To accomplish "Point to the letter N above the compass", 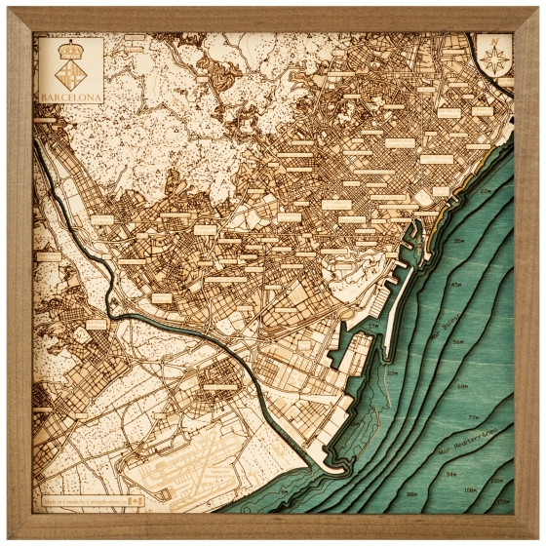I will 494,42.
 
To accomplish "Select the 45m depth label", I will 455,285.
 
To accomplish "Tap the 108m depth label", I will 471,490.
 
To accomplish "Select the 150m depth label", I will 500,505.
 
